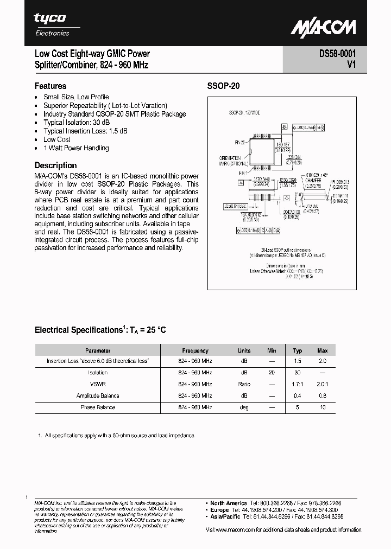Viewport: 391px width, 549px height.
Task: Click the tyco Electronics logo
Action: [x=52, y=24]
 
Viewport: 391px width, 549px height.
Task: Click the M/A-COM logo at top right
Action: [x=323, y=28]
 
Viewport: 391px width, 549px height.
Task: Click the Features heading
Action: [x=50, y=86]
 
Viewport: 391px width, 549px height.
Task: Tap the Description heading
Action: [x=55, y=165]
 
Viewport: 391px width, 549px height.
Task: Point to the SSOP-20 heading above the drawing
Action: [x=223, y=86]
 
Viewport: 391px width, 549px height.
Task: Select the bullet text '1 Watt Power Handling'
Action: [x=76, y=148]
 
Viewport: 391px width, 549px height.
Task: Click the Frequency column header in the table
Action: [x=195, y=350]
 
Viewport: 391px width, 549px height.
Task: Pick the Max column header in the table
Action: [x=323, y=350]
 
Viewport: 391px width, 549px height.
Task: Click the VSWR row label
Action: [x=98, y=384]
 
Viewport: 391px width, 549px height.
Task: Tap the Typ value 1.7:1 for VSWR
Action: [x=298, y=384]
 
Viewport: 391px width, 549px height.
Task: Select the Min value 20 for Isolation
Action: [x=272, y=373]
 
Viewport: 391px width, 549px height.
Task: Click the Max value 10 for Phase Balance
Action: [x=323, y=407]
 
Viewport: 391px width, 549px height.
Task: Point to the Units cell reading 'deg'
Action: [x=244, y=407]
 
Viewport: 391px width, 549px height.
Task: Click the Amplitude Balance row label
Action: [x=98, y=395]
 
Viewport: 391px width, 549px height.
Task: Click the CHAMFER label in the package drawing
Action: [x=313, y=180]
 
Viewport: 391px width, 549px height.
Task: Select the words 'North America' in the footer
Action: [x=229, y=503]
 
